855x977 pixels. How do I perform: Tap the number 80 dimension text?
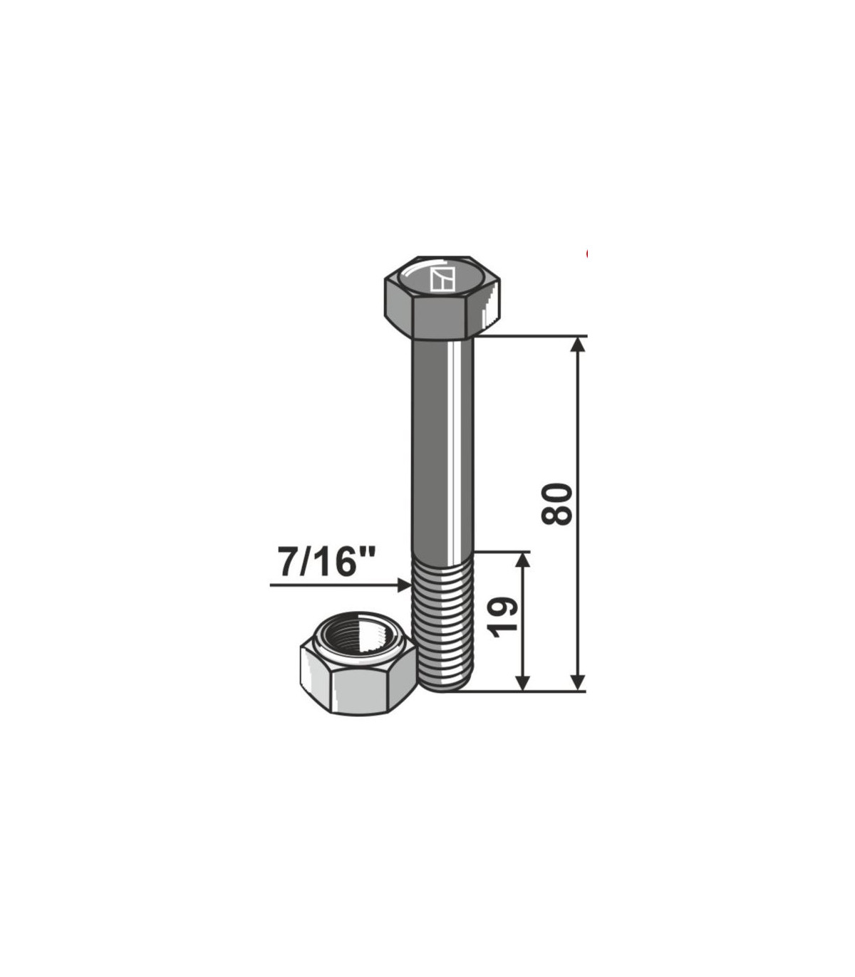(556, 504)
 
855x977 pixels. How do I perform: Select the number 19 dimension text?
(502, 617)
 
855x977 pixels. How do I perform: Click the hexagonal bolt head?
(442, 298)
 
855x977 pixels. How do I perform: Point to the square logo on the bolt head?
(442, 279)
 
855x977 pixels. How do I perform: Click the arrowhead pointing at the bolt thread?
(404, 585)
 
